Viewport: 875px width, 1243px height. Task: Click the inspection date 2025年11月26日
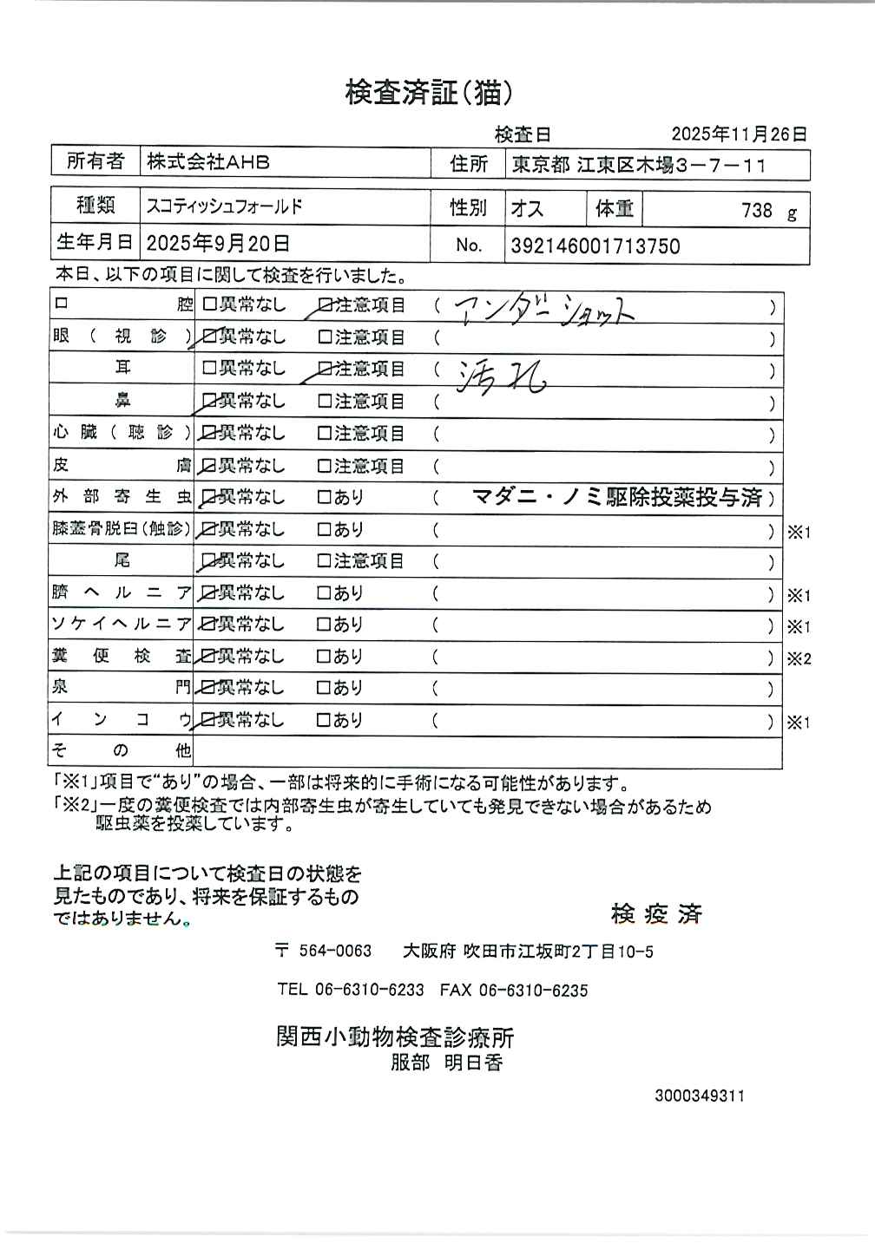pyautogui.click(x=740, y=134)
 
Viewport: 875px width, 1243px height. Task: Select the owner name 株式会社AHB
pyautogui.click(x=208, y=161)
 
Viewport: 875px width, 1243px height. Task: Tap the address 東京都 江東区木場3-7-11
pyautogui.click(x=639, y=164)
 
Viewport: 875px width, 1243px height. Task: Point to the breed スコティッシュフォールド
pyautogui.click(x=225, y=206)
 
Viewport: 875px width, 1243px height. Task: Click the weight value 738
pyautogui.click(x=757, y=210)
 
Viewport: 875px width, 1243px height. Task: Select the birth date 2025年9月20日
pyautogui.click(x=218, y=242)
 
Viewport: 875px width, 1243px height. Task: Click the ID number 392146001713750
pyautogui.click(x=595, y=245)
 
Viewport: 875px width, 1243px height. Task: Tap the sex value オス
pyautogui.click(x=527, y=208)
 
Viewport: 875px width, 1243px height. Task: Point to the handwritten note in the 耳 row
pyautogui.click(x=501, y=376)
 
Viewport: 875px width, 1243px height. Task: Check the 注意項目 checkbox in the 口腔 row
pyautogui.click(x=326, y=305)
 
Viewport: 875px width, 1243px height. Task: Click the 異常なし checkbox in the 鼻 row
pyautogui.click(x=208, y=401)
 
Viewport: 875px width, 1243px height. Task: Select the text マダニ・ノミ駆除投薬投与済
pyautogui.click(x=617, y=497)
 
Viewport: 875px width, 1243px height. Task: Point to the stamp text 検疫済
pyautogui.click(x=656, y=913)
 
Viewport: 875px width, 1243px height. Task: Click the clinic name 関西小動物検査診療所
pyautogui.click(x=395, y=1037)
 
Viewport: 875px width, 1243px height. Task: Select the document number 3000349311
pyautogui.click(x=700, y=1096)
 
